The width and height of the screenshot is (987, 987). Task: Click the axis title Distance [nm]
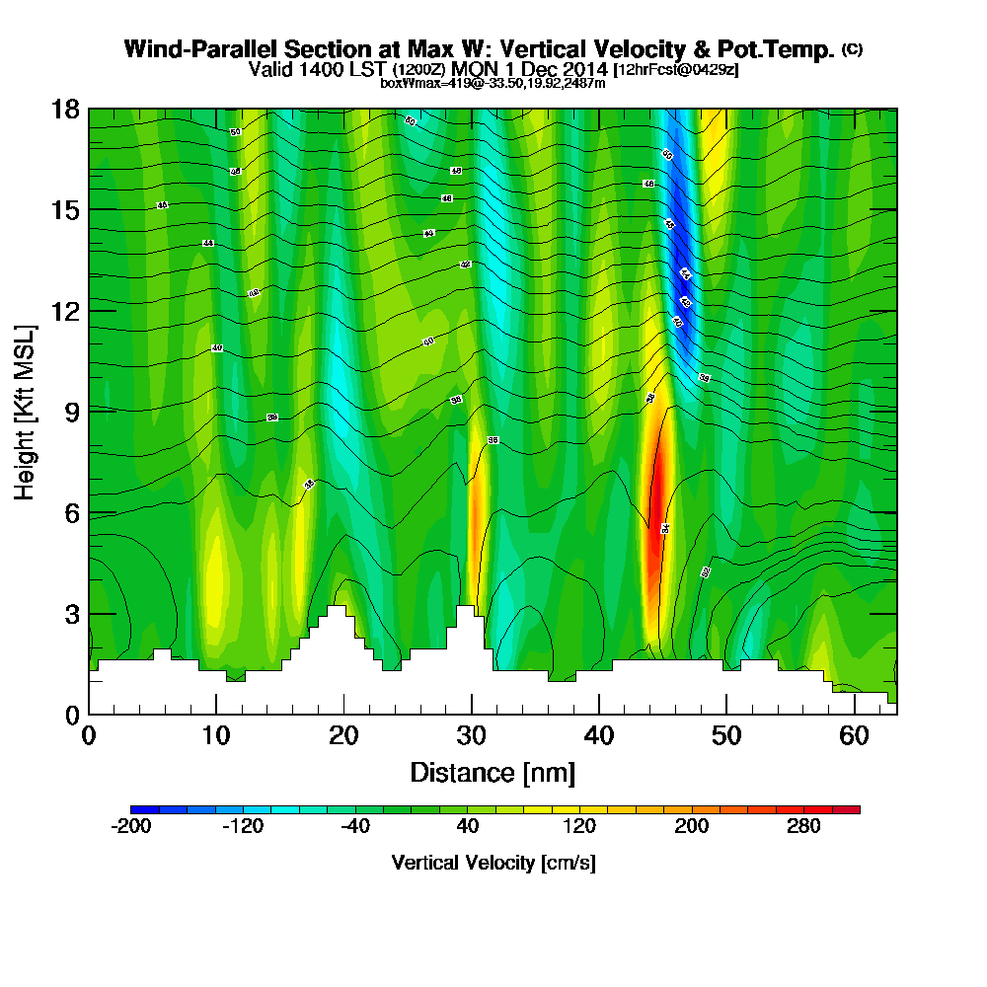click(x=493, y=772)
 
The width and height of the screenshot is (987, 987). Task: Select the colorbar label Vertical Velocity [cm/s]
click(x=493, y=863)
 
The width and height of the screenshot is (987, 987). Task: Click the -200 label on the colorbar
click(x=131, y=827)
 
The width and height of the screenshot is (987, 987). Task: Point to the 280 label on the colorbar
click(x=803, y=827)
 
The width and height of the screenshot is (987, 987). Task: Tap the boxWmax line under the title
click(x=493, y=83)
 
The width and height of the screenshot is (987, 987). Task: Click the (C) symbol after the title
click(x=852, y=48)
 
